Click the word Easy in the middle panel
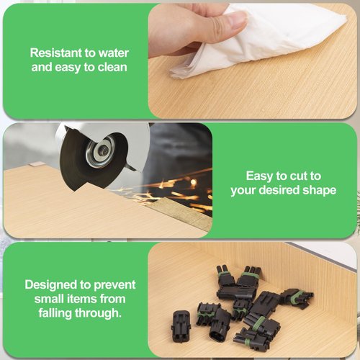(259, 176)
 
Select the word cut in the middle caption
(298, 176)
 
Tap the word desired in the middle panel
(279, 190)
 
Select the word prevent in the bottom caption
(114, 285)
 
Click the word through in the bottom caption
(98, 313)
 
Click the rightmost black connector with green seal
(297, 298)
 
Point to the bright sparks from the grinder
(173, 189)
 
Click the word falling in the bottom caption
(55, 313)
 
